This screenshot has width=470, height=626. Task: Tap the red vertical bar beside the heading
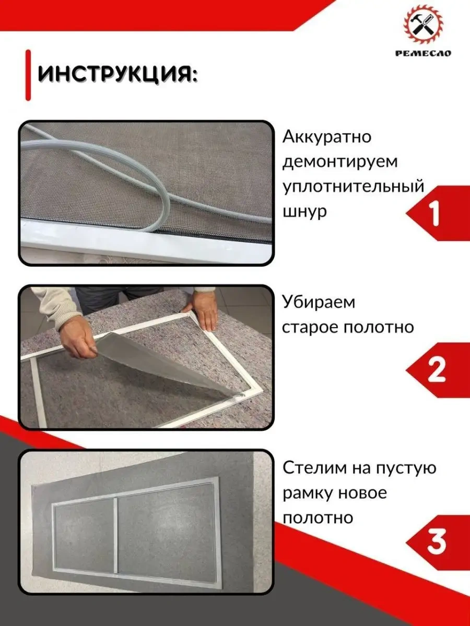click(28, 74)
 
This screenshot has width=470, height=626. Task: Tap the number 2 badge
click(436, 370)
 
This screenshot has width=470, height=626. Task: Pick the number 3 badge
click(436, 542)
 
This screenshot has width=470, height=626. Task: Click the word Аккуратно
click(327, 137)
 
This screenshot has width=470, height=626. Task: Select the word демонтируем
click(340, 162)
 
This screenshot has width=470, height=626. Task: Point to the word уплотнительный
click(354, 187)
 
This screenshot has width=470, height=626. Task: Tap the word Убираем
click(318, 302)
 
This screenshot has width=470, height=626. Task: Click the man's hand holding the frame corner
click(205, 310)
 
